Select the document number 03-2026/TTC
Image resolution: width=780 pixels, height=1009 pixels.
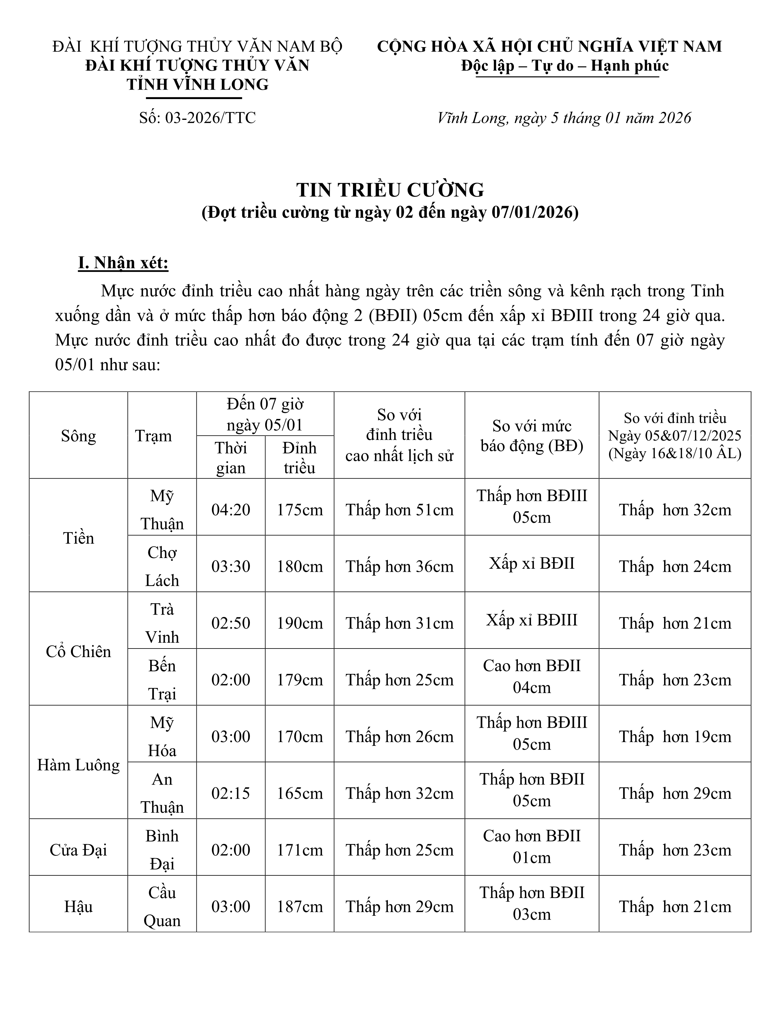197,118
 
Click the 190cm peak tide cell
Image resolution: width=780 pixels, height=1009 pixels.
299,623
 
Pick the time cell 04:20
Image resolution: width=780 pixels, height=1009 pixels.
231,510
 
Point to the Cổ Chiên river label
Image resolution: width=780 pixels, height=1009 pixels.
79,651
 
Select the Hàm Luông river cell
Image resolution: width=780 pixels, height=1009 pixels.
79,765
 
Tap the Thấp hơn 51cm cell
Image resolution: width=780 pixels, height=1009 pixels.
399,510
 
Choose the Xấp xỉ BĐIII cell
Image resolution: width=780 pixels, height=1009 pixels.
531,619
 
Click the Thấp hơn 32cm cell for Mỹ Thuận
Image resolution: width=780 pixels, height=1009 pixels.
675,510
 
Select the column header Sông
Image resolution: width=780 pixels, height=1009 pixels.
79,436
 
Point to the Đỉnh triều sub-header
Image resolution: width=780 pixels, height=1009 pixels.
299,457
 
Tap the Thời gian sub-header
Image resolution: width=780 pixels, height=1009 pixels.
231,457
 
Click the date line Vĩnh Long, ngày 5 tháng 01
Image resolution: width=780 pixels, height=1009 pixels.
564,118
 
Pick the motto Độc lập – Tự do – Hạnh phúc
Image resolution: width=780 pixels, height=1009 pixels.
565,66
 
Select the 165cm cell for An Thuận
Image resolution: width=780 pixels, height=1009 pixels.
299,793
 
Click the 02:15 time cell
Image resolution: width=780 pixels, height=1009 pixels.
231,793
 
